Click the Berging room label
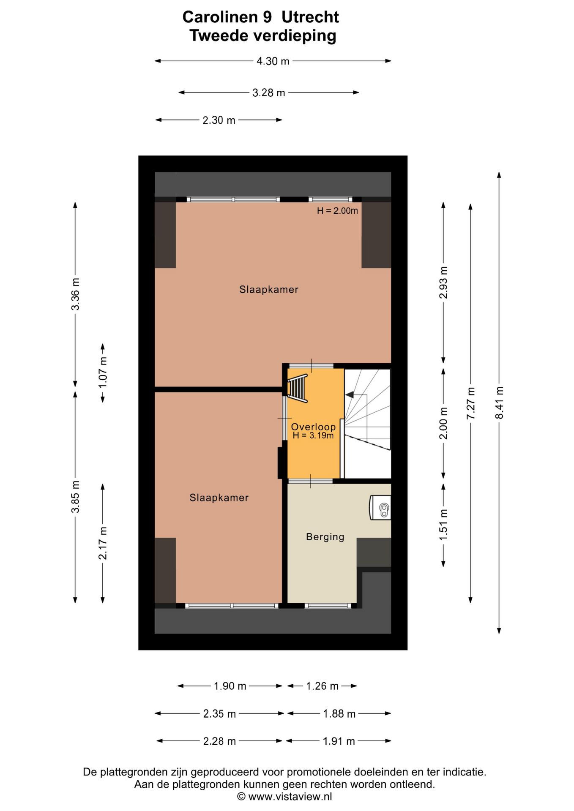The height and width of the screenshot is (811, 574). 325,537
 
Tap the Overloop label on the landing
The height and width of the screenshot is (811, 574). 313,427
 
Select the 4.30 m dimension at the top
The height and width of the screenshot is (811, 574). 273,61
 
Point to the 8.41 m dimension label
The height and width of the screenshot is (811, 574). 500,403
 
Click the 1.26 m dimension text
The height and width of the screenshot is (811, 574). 322,686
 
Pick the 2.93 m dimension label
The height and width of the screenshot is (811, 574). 443,283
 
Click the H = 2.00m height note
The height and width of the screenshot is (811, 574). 337,211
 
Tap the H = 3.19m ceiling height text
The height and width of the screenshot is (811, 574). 313,435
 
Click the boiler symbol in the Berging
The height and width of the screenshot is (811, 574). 380,508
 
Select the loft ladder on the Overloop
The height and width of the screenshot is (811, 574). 298,388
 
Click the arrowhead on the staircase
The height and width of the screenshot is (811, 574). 350,395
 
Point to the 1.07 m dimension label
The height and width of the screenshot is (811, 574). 103,373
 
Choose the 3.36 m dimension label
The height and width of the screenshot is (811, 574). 75,294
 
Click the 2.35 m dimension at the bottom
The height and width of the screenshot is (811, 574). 219,714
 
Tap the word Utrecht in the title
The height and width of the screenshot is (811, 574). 310,17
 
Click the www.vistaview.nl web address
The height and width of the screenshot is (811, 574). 290,797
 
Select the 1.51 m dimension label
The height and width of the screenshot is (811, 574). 443,525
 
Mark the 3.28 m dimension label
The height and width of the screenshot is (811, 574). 269,93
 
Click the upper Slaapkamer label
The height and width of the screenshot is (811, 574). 269,289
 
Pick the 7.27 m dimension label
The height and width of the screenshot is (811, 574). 471,403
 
